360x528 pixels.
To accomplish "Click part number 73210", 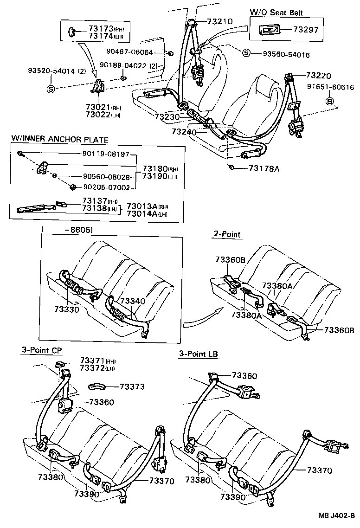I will [x=219, y=21].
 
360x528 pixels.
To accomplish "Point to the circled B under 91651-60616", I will [x=330, y=101].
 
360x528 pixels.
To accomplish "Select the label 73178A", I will [x=264, y=168].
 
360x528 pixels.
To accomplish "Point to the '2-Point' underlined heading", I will [x=227, y=234].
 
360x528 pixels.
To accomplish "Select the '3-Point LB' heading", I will [x=199, y=354].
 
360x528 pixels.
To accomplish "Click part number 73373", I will [x=132, y=386].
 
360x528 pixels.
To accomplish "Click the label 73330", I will [x=67, y=309].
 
